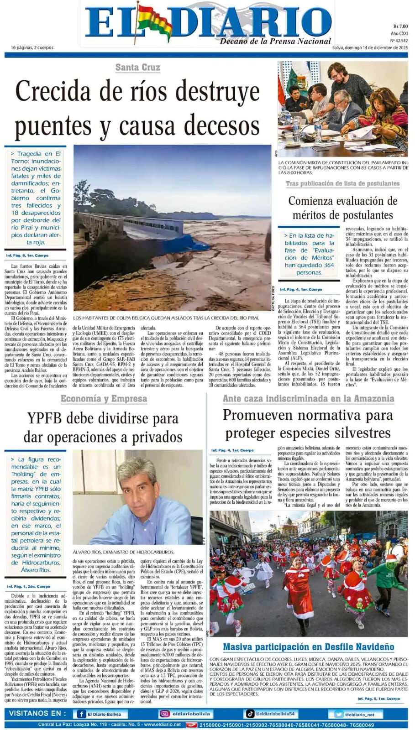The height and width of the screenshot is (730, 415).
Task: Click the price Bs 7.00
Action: pyautogui.click(x=400, y=26)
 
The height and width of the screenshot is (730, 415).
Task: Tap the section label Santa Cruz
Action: pyautogui.click(x=137, y=68)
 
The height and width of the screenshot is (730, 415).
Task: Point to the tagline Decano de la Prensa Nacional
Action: pyautogui.click(x=275, y=41)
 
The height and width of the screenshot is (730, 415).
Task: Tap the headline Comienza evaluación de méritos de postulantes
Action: pyautogui.click(x=342, y=208)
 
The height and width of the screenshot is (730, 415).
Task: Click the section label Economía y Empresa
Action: pyautogui.click(x=104, y=399)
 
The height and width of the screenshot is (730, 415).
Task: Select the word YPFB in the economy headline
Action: pyautogui.click(x=47, y=418)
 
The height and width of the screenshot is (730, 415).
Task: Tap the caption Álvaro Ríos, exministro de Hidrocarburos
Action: pyautogui.click(x=123, y=552)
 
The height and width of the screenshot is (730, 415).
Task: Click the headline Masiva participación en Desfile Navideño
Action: pyautogui.click(x=308, y=647)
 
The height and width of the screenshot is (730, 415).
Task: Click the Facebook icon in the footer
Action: pyautogui.click(x=81, y=714)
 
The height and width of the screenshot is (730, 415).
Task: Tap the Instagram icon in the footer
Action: pyautogui.click(x=164, y=714)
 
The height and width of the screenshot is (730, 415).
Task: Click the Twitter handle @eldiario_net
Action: pyautogui.click(x=359, y=714)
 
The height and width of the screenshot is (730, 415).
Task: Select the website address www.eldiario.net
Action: pyautogui.click(x=163, y=725)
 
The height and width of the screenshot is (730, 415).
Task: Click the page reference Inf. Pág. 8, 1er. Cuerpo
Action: pyautogui.click(x=27, y=255)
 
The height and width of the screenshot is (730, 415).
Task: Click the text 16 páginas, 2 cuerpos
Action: pyautogui.click(x=32, y=47)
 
